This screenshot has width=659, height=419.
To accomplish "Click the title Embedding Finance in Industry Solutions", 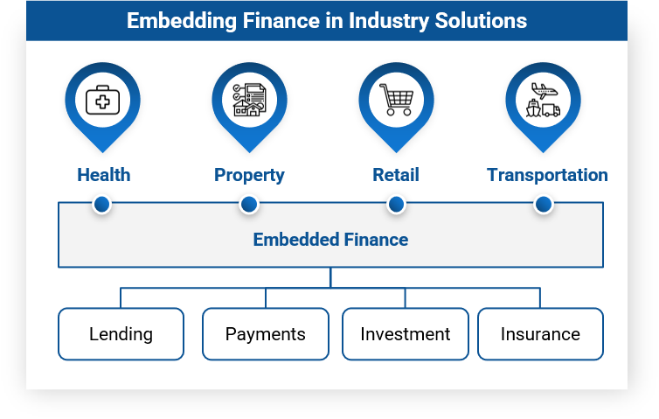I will (327, 20).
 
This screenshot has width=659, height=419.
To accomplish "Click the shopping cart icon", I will (396, 101).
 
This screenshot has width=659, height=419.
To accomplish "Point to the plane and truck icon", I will (543, 101).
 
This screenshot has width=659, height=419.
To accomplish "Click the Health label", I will (103, 175).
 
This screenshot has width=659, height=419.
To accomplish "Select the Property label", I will (249, 175).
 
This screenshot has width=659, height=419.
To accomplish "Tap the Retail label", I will (396, 175).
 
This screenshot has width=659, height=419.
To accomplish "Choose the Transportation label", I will (547, 175).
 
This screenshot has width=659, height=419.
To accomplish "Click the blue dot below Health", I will (102, 205).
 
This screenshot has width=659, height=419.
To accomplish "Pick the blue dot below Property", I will (249, 205).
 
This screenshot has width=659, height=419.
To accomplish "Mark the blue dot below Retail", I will (396, 205).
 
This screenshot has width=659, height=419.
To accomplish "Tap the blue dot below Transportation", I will (544, 205).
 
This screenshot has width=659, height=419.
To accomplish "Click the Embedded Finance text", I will (330, 239).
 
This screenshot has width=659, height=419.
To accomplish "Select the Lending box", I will (121, 334).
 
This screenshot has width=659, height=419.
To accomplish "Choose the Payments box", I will (266, 334).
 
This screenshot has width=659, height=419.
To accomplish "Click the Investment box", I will (405, 334).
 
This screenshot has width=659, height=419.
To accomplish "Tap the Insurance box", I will (540, 334).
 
